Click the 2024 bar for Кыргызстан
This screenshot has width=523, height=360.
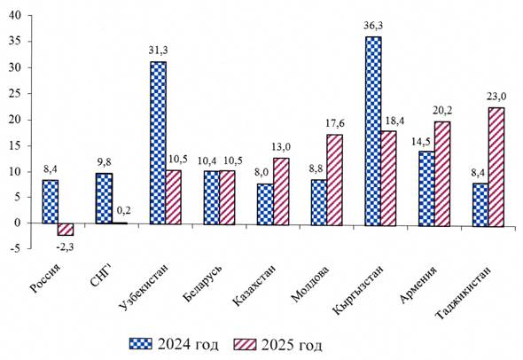tap(373, 131)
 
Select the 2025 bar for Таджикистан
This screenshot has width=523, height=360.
tap(496, 168)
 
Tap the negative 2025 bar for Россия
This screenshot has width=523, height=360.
tap(66, 230)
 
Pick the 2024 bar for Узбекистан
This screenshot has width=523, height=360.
tap(158, 143)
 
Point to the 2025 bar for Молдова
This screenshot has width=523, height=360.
tap(334, 180)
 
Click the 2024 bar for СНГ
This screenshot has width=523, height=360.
tap(104, 199)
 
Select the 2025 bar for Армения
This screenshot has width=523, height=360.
tap(442, 174)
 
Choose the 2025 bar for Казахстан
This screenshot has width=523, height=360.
tap(281, 192)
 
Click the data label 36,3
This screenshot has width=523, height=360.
tap(373, 26)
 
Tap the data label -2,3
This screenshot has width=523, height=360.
tap(65, 247)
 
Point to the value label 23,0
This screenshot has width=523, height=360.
tap(497, 97)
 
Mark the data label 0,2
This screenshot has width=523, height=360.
tap(124, 210)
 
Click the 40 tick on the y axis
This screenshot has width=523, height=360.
tap(15, 15)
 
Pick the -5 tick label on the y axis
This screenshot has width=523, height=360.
tap(16, 248)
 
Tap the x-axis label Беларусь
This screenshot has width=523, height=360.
tap(202, 283)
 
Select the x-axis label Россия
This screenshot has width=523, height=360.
tap(45, 279)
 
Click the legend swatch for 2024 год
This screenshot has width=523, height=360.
tap(140, 344)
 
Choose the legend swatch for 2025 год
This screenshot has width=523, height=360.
tap(246, 344)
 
